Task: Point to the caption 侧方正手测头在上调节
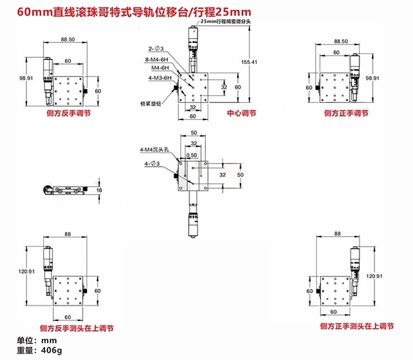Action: tap(356, 326)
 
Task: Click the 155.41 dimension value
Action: tap(249, 62)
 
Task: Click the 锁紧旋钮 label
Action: tap(151, 102)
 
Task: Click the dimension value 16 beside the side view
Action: tap(99, 190)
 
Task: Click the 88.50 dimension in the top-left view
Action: tap(68, 40)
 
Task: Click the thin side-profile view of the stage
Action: tap(66, 190)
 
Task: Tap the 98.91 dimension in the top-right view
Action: tap(373, 78)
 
